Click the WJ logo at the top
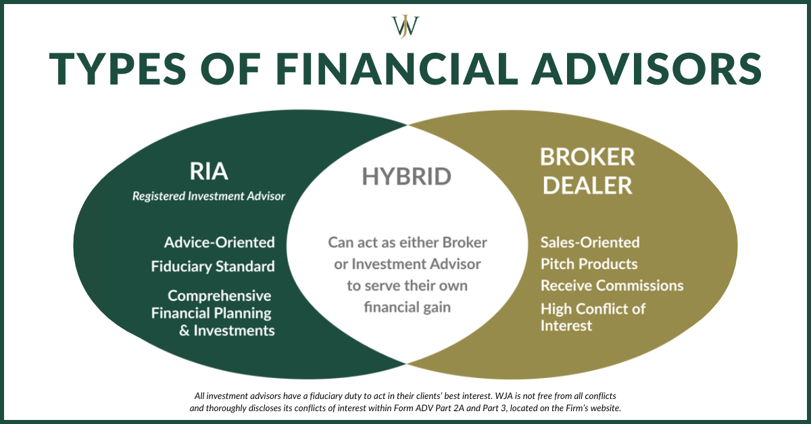pyautogui.click(x=405, y=26)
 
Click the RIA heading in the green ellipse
pyautogui.click(x=209, y=172)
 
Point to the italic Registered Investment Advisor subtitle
pyautogui.click(x=209, y=196)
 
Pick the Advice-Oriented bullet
pyautogui.click(x=220, y=242)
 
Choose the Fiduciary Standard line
pyautogui.click(x=213, y=266)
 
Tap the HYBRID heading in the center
pyautogui.click(x=406, y=176)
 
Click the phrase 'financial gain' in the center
pyautogui.click(x=408, y=307)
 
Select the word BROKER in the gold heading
pyautogui.click(x=587, y=158)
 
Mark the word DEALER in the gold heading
pyautogui.click(x=587, y=185)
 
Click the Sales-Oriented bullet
pyautogui.click(x=590, y=242)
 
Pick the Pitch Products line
pyautogui.click(x=589, y=264)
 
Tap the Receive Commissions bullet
pyautogui.click(x=612, y=285)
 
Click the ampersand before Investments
pyautogui.click(x=185, y=331)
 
